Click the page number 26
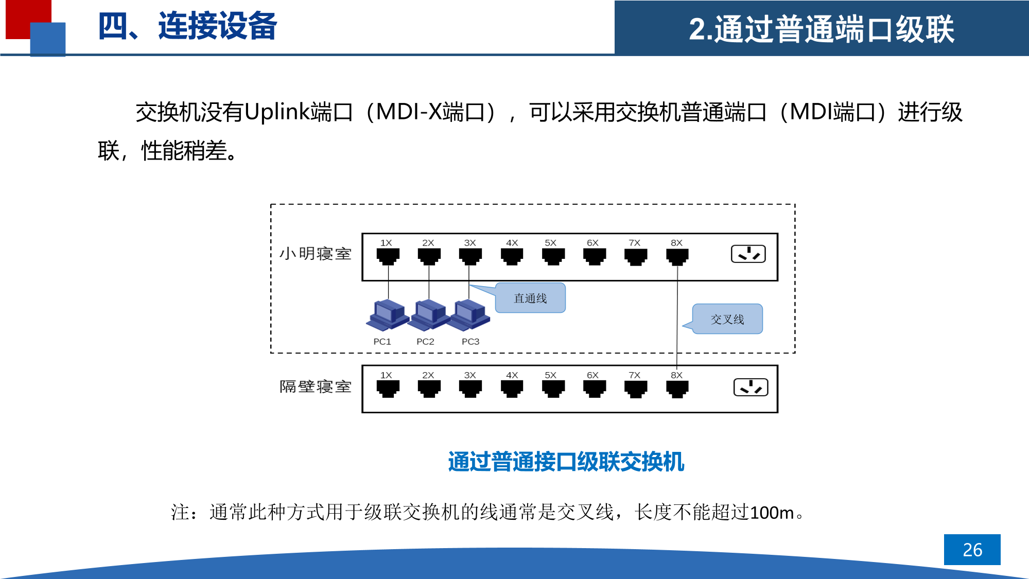coord(972,550)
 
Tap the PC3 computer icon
coord(469,315)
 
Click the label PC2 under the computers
coord(425,342)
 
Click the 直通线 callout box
coord(530,298)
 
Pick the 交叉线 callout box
coord(727,319)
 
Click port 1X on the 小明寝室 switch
coord(388,256)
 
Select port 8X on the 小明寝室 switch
coord(677,256)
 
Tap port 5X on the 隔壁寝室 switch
coord(553,389)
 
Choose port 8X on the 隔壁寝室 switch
coord(677,389)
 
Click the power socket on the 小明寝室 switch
coord(748,254)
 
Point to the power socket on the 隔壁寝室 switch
coord(751,387)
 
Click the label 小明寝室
coord(315,254)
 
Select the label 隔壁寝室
coord(315,387)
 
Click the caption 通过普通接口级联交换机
coord(566,462)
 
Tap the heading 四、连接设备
coord(187,26)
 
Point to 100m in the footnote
coord(772,513)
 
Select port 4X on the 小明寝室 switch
coord(512,256)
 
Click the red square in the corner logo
coord(21,15)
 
